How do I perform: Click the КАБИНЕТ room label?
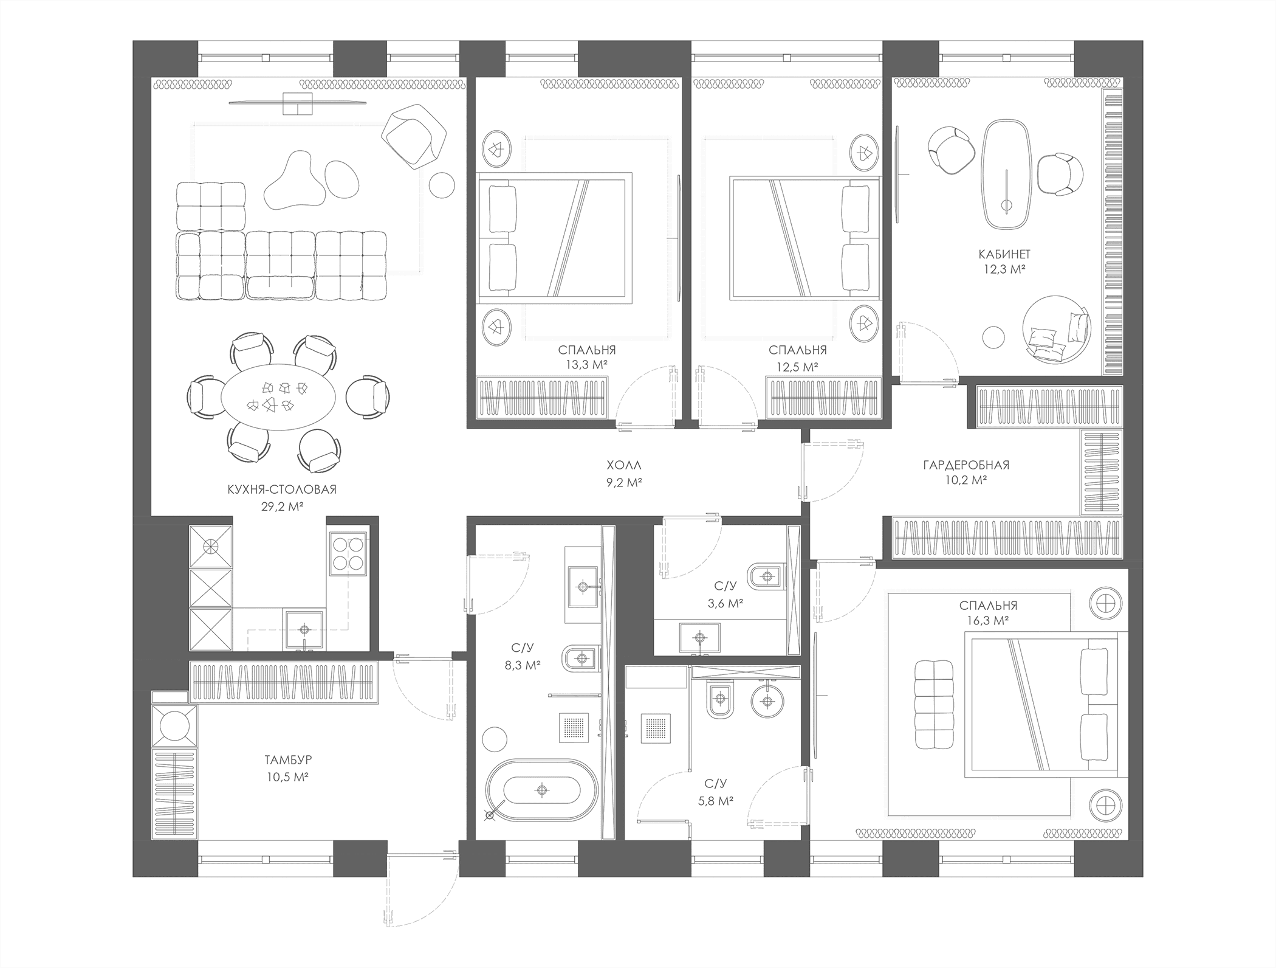coord(1004,254)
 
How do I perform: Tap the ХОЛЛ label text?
coord(624,466)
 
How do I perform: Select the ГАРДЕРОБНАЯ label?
coord(966,465)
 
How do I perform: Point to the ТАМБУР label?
coord(288,760)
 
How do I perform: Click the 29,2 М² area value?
coord(283,506)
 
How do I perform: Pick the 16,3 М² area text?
coord(988,620)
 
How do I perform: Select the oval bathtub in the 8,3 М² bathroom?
coord(542,790)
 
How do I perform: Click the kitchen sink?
coord(304,631)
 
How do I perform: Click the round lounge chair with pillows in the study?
coord(1057,329)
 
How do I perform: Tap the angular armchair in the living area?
coord(415,136)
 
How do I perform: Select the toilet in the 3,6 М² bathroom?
coord(764,575)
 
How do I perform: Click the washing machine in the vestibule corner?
coord(174,726)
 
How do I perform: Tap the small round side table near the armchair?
coord(442,185)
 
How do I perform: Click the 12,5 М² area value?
coord(797,367)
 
